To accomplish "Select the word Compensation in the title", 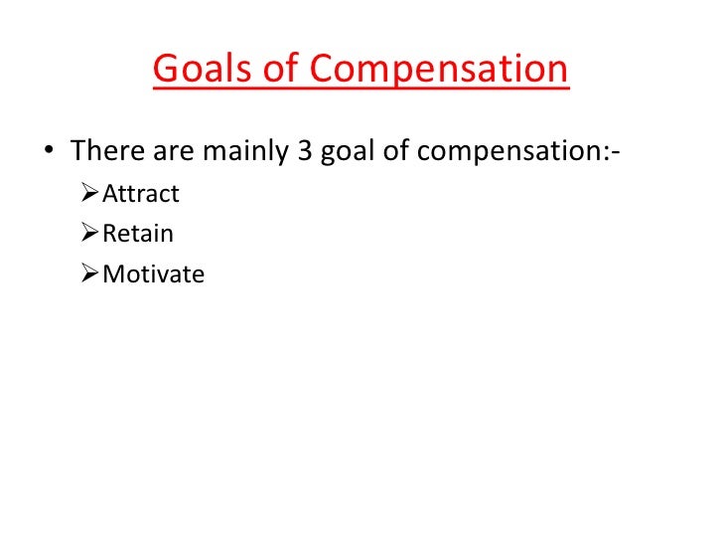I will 440,71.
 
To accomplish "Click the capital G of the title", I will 166,71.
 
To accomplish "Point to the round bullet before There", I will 49,153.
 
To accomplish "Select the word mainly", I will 243,152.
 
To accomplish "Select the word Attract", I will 141,194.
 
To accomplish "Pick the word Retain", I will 137,234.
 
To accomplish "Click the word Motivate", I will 153,273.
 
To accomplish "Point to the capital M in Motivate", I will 112,273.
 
